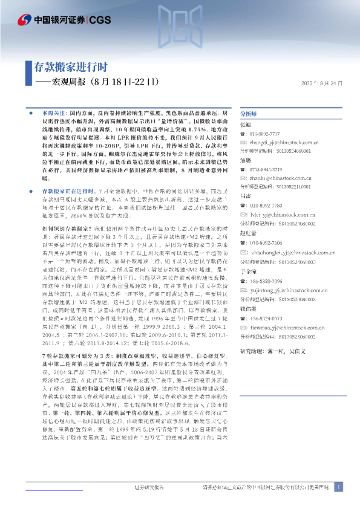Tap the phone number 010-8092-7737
pyautogui.click(x=266, y=132)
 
